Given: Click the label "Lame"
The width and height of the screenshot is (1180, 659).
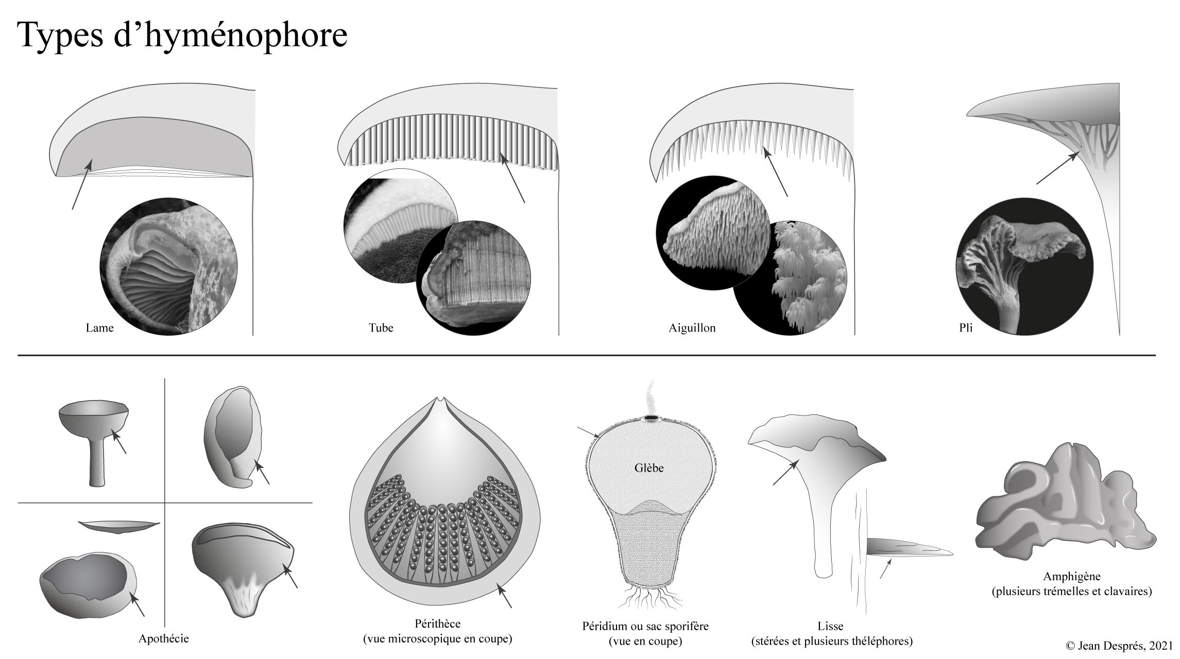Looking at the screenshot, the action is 99,328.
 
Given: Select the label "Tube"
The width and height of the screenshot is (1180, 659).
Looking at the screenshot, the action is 381,328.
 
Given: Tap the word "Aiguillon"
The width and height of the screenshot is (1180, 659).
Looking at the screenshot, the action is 692,328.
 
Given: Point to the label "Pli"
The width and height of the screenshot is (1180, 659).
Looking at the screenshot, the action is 966,328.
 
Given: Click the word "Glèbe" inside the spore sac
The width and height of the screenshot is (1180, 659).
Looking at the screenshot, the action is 649,468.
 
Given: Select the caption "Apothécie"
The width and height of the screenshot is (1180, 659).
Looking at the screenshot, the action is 164,639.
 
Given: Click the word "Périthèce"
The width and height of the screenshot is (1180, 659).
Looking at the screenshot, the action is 437,624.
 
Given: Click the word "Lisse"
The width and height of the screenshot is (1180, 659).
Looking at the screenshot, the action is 830,627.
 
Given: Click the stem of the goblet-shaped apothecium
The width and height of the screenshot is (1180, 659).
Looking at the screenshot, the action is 96,461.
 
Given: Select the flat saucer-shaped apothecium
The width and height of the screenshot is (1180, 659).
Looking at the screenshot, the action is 119,526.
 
